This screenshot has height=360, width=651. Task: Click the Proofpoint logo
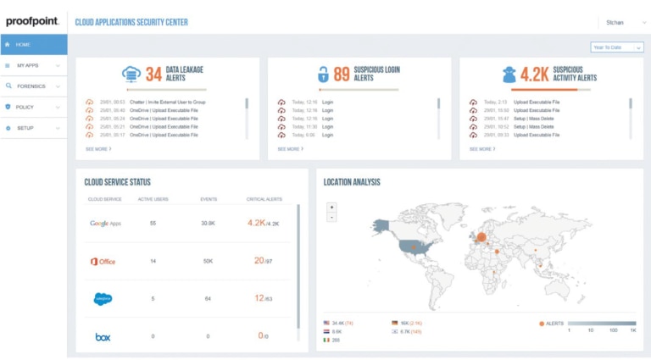point(32,21)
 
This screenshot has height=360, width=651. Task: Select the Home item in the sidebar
point(23,44)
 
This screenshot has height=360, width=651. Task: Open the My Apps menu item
point(27,65)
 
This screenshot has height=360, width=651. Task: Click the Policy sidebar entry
point(25,108)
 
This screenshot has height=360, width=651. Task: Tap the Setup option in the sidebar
point(25,129)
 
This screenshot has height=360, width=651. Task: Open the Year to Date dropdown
point(612,47)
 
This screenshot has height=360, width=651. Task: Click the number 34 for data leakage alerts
point(153,75)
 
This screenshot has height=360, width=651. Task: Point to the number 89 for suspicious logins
point(342,75)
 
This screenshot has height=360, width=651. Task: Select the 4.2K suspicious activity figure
point(536,75)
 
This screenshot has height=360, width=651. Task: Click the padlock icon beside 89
point(322,75)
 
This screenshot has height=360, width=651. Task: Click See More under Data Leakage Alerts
point(98,148)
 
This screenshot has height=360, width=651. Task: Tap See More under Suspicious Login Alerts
point(290,148)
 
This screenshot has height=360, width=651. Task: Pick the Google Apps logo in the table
point(106,224)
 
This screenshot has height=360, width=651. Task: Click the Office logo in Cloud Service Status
point(103,262)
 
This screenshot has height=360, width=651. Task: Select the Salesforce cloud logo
point(103,298)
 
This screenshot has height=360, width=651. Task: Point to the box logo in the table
point(103,336)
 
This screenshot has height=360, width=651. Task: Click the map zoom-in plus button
point(331,207)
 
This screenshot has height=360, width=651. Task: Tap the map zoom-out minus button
point(331,217)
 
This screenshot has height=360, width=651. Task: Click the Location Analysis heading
point(353,182)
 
